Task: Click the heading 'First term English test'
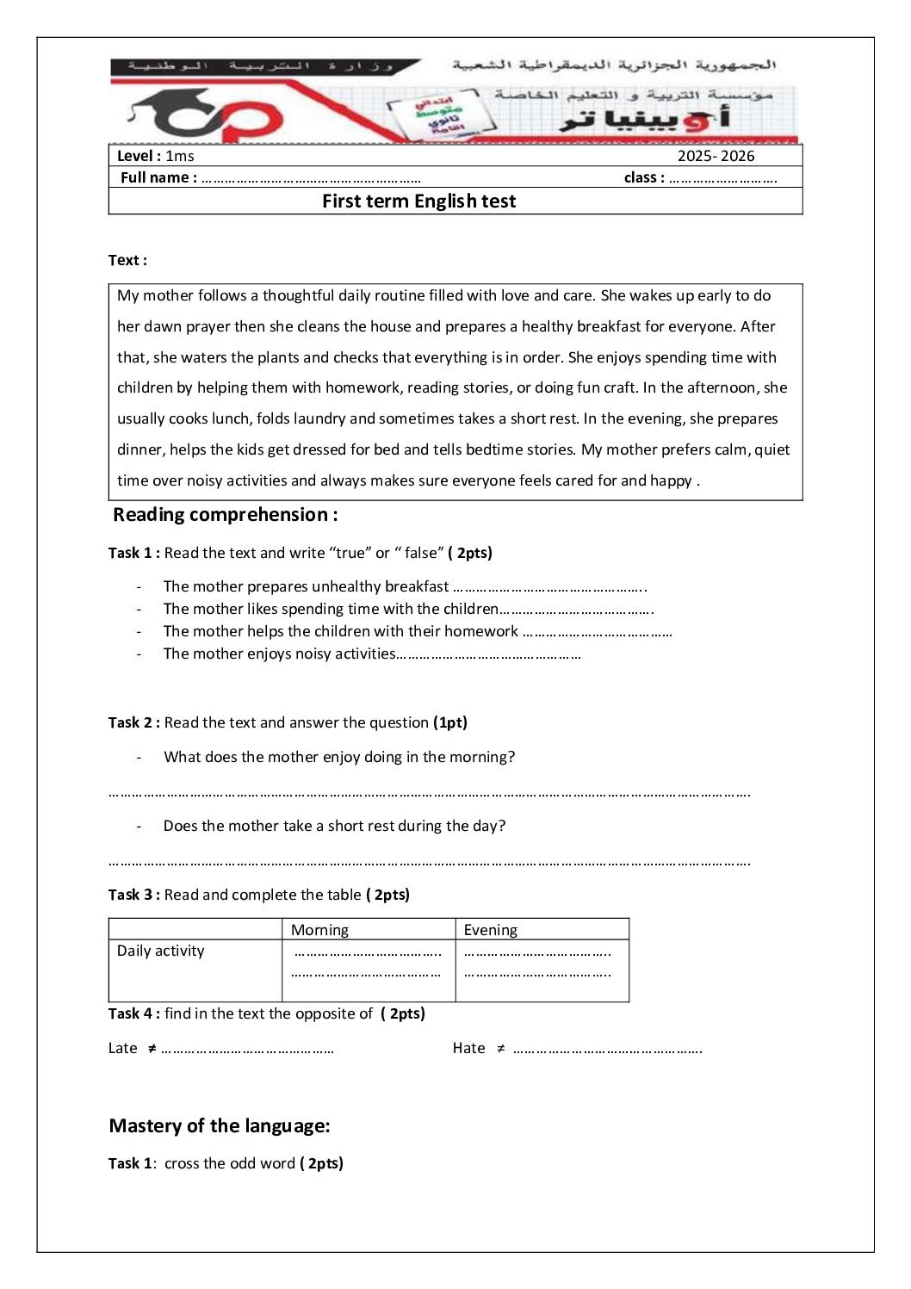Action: coord(418,201)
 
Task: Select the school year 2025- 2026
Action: coord(716,156)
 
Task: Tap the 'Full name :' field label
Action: coord(158,177)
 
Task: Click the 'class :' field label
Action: coord(644,177)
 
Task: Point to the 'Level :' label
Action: coord(139,156)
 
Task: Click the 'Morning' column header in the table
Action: coord(319,930)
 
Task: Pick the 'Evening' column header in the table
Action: coord(491,930)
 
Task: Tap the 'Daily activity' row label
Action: coord(161,951)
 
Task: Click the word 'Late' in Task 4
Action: coord(123,1048)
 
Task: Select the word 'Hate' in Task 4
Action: coord(469,1048)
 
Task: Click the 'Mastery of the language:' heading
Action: coord(220,1126)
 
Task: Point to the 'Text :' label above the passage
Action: coord(127,260)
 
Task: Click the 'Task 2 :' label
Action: coord(134,722)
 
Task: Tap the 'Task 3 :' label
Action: coord(134,895)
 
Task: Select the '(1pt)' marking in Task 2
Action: coord(450,722)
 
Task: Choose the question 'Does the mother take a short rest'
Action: coord(334,826)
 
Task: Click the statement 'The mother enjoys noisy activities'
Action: coord(279,654)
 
